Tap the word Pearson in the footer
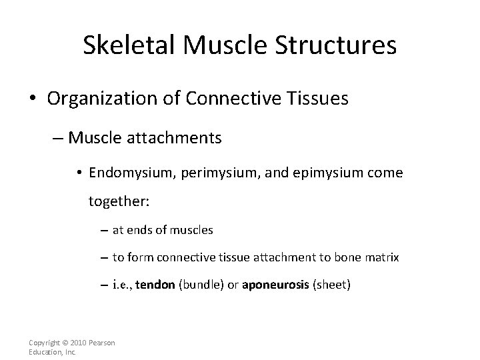pyautogui.click(x=102, y=343)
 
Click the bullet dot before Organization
pyautogui.click(x=32, y=100)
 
